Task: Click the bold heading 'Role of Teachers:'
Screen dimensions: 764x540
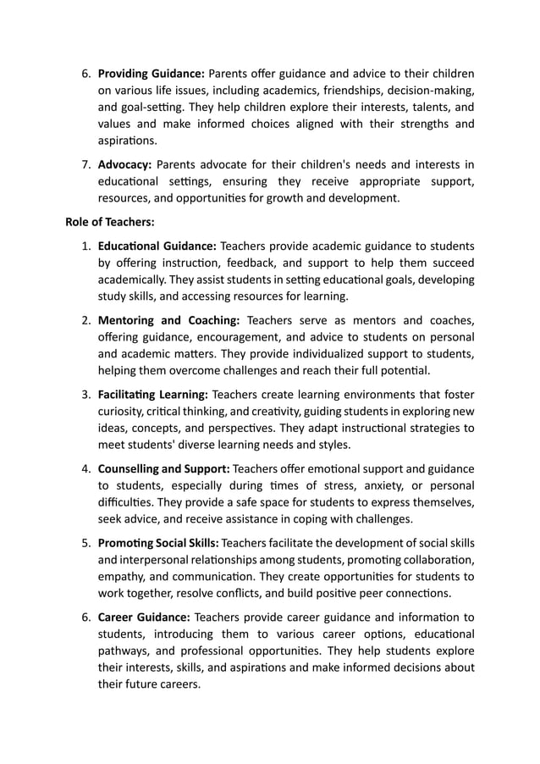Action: pos(110,223)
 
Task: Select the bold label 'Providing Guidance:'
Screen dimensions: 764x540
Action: pos(152,73)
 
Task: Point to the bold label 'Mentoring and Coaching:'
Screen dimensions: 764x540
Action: pos(169,320)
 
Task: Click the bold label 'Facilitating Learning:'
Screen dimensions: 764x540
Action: pos(152,394)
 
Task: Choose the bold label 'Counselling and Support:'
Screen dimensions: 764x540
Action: pos(163,468)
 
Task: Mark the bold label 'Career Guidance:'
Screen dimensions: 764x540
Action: pos(144,616)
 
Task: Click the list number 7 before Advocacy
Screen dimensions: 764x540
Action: pos(85,164)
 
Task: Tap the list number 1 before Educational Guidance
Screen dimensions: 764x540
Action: pos(85,246)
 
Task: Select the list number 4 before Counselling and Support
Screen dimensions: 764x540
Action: pos(85,468)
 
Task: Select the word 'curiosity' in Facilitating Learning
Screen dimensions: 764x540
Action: pos(124,411)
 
